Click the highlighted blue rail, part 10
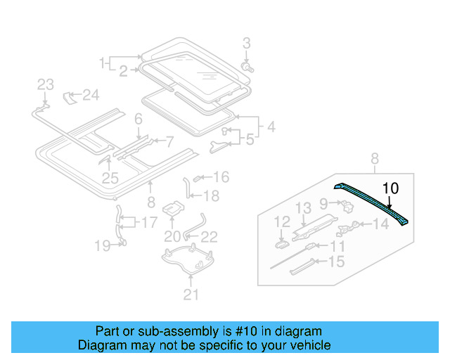(373, 202)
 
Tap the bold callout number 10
(390, 188)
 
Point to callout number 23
(45, 84)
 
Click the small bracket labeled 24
(70, 96)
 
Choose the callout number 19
(103, 245)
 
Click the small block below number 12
(281, 243)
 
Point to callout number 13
(302, 207)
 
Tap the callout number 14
(380, 224)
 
